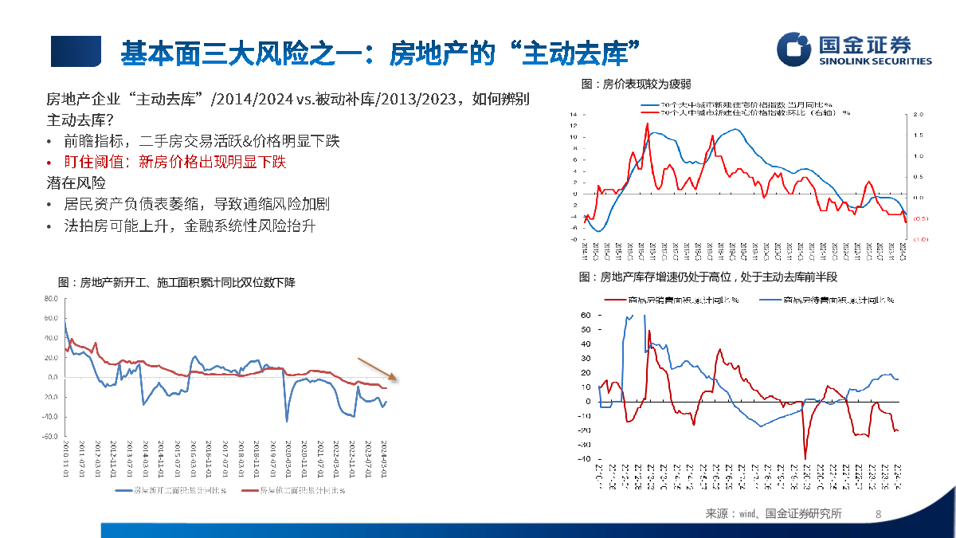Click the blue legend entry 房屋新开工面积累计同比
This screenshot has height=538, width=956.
tap(171, 491)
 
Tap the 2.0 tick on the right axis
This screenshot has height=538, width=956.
tap(918, 115)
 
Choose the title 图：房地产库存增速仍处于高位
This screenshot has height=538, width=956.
tap(709, 277)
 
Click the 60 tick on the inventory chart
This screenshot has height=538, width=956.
tap(585, 316)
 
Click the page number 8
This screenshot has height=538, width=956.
tap(878, 514)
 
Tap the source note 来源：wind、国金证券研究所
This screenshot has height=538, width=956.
tap(774, 514)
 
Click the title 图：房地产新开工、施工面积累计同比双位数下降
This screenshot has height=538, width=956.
tap(177, 283)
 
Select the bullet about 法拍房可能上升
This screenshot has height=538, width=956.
tap(190, 226)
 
